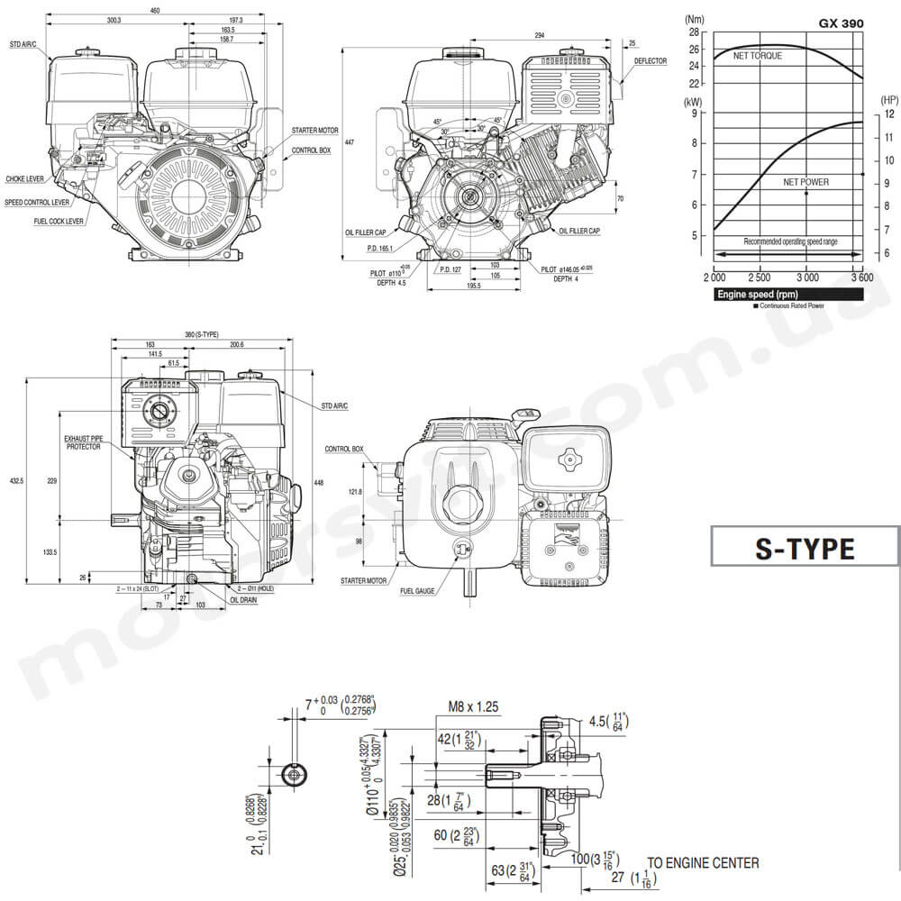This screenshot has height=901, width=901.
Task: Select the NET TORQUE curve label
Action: coord(757,56)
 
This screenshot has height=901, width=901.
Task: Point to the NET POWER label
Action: coord(805,182)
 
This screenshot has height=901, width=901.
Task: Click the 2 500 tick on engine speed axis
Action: coord(760,277)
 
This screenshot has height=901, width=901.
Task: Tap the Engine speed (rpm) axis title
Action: coord(757,295)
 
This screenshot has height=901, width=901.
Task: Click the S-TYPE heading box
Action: coord(804,549)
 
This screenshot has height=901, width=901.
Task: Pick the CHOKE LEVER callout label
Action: coord(25,179)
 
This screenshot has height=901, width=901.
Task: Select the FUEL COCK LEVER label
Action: coord(59,221)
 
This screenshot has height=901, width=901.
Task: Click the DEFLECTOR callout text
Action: coord(650,60)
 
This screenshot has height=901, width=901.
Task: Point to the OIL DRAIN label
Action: coord(246,598)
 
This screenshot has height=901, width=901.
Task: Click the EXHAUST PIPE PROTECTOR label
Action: coord(84,442)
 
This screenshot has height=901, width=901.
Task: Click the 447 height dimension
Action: coord(350,141)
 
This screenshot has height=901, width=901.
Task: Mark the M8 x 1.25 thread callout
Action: coord(473,707)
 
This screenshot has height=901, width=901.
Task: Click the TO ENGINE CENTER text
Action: coord(703,863)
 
